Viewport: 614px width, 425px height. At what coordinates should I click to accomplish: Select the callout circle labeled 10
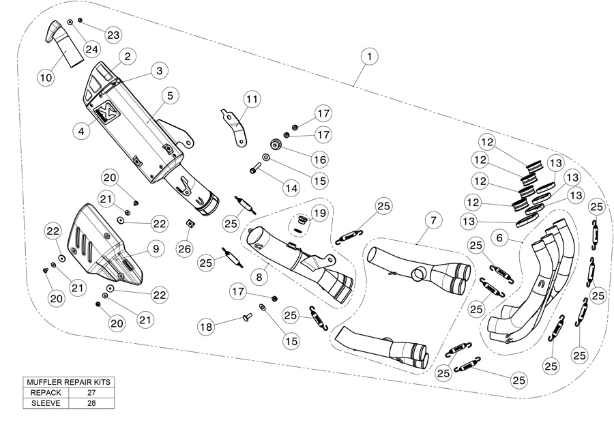click(x=46, y=77)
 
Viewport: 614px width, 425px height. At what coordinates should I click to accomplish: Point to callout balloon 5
click(x=169, y=96)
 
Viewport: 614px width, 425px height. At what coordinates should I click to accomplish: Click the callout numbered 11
click(x=252, y=99)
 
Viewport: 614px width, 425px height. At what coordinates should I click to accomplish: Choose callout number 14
click(x=292, y=187)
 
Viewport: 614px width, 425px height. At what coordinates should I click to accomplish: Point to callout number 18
click(x=206, y=327)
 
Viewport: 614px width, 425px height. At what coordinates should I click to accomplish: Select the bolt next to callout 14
click(x=258, y=166)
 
